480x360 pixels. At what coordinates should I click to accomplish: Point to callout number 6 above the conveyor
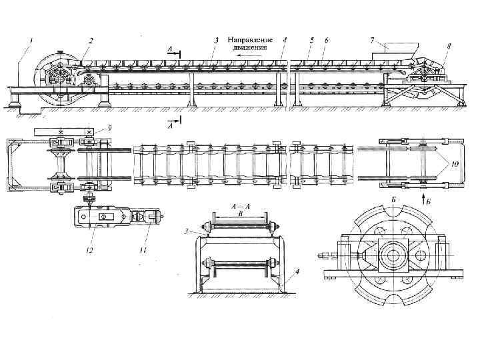click(x=325, y=40)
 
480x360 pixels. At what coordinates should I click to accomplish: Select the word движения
click(x=250, y=47)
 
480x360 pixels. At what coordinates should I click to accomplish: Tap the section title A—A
click(x=239, y=207)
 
